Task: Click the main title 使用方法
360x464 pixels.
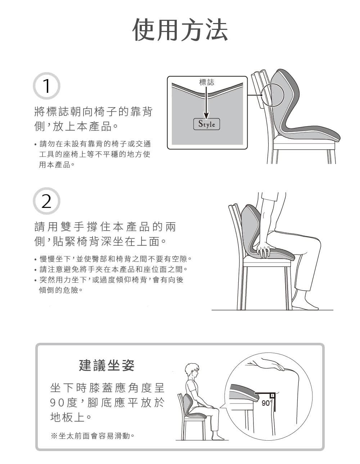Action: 180,29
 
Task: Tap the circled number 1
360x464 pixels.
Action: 46,86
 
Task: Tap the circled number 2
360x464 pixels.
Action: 46,201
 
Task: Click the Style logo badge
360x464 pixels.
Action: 206,124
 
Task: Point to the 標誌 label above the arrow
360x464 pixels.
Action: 206,82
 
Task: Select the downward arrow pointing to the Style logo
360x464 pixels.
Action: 206,102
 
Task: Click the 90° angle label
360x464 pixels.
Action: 267,403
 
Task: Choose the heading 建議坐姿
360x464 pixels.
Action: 107,365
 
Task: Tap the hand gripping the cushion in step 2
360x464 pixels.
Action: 264,249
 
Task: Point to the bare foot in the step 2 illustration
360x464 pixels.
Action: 305,304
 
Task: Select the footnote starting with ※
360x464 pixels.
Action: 93,436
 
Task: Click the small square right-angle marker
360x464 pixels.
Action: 273,395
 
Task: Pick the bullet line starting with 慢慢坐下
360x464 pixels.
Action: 113,259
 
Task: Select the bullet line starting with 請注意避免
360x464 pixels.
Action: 111,269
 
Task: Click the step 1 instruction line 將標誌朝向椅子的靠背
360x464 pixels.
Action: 93,112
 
